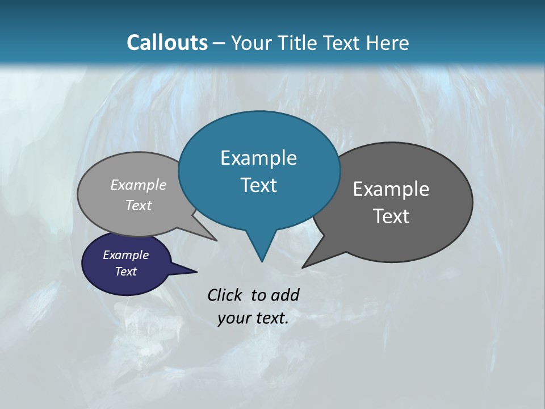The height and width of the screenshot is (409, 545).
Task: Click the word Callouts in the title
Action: click(167, 43)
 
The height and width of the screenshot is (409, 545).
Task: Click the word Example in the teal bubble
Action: click(258, 158)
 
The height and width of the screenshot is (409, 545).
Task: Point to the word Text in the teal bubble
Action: click(258, 185)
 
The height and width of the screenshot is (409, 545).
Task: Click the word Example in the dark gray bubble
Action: click(391, 189)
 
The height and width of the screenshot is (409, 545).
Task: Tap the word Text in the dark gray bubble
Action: click(391, 216)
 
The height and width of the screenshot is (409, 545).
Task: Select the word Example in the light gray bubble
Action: click(139, 185)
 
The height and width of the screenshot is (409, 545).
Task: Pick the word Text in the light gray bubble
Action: click(139, 205)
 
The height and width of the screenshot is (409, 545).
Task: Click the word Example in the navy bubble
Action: click(126, 255)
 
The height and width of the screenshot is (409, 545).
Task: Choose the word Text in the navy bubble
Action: click(126, 272)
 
